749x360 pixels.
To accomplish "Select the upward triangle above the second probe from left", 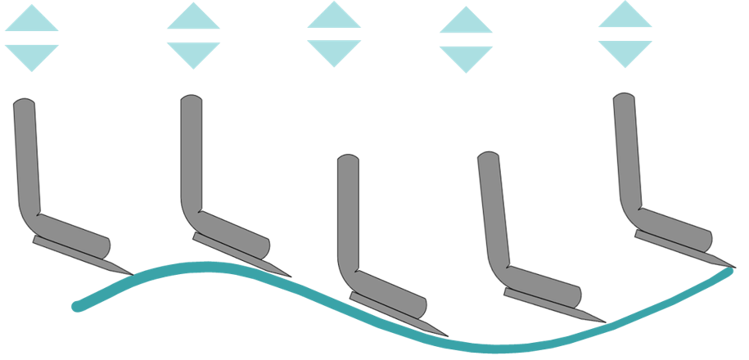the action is point(193,20).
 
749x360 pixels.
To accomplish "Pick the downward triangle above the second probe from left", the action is point(193,54).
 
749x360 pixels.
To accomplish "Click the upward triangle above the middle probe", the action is point(334,18).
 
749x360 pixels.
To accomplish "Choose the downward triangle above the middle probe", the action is point(334,52).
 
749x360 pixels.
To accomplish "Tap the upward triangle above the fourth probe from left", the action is point(466,22).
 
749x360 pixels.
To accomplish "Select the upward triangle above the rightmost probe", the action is point(625,18).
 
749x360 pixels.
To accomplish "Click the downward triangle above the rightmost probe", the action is point(625,52).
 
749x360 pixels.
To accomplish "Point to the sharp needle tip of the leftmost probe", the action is point(133,273).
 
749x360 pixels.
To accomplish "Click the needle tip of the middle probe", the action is point(448,335).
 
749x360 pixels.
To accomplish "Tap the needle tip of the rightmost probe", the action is point(733,267).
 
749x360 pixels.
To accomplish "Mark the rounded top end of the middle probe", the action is point(348,159).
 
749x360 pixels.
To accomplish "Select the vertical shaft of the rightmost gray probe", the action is point(626,147).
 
